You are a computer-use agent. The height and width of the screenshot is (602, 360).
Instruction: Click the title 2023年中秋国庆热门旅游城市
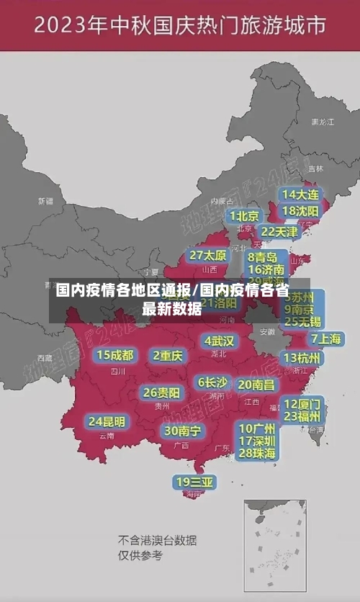pos(180,27)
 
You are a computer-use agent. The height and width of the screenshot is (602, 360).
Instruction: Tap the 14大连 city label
pos(300,194)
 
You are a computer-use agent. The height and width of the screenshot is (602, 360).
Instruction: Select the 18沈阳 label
pos(300,211)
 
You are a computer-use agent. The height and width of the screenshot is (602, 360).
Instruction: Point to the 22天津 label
pos(279,232)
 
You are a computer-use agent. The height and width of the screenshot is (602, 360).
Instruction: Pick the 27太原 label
pos(208,256)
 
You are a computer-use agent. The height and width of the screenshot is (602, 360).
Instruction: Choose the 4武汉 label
pos(219,341)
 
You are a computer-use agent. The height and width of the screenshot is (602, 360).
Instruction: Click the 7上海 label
pos(325,339)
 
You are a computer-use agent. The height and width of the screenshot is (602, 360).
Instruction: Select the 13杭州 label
pos(302,358)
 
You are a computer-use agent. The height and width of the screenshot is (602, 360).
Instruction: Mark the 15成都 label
pos(115,355)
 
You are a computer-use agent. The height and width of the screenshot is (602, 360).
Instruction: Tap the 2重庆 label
pos(168,355)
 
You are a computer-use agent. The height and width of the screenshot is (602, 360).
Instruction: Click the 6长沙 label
pos(212,382)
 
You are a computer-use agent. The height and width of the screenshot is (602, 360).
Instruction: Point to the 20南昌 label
pos(256,385)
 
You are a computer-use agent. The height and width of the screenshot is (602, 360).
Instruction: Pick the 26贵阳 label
pos(161,393)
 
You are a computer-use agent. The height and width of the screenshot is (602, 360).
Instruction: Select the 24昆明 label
pos(107,421)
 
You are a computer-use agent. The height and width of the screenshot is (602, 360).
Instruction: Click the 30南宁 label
pos(182,431)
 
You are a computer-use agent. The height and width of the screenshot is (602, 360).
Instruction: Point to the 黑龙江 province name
pos(322,122)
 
